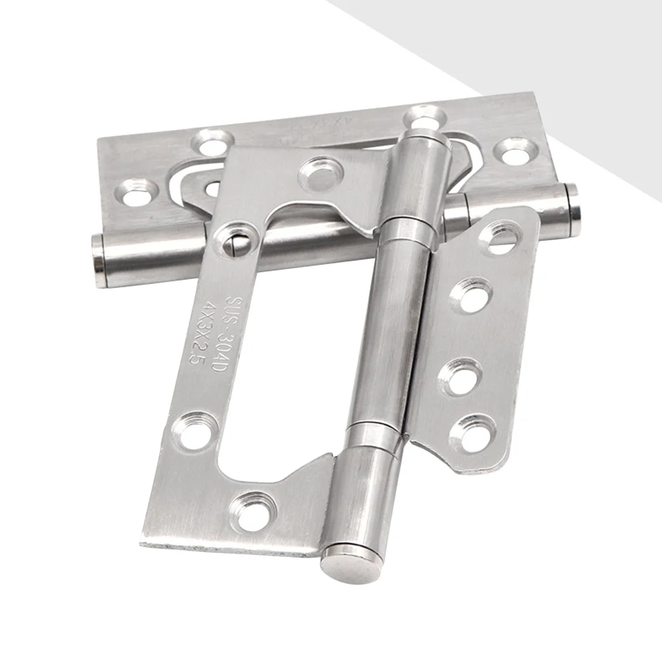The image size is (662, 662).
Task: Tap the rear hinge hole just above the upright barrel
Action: [x=423, y=119]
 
